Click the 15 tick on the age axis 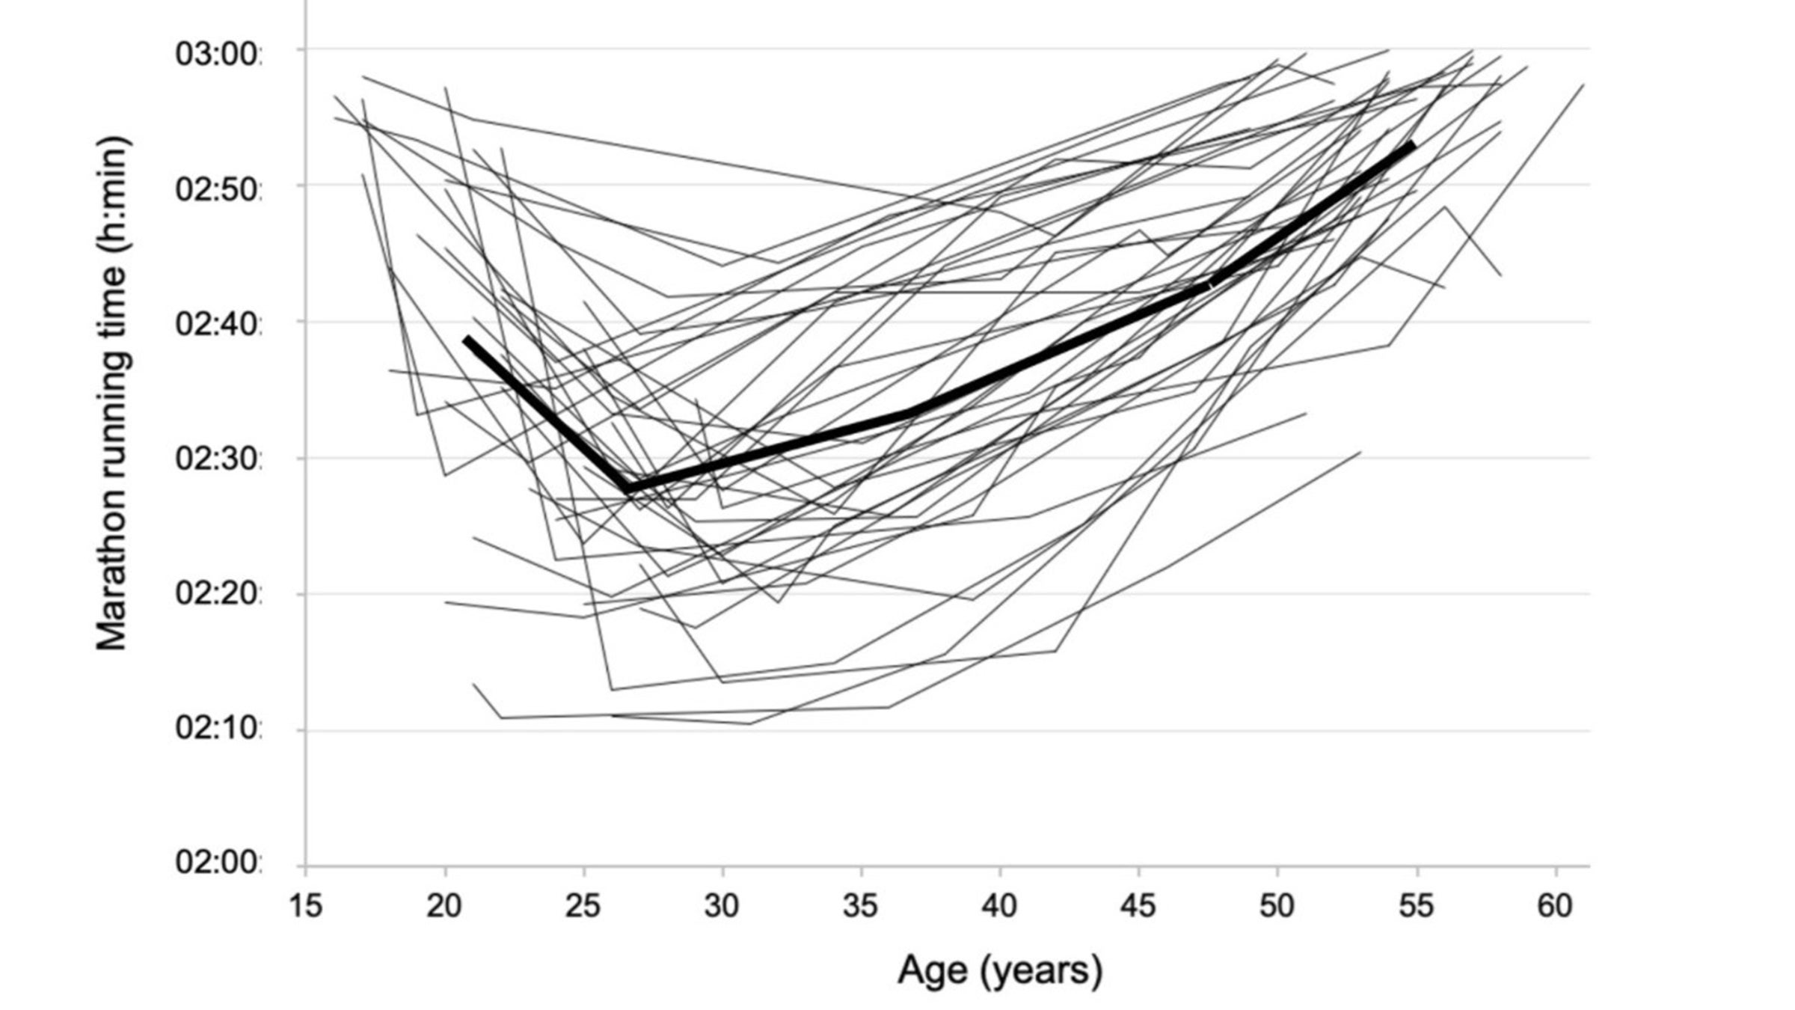coord(305,906)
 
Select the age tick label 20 coord(444,906)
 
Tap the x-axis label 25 coord(583,906)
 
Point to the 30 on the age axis coord(722,906)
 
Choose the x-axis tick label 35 coord(861,906)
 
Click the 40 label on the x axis coord(1000,906)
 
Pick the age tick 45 coord(1138,906)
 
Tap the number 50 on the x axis coord(1277,906)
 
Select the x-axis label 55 coord(1416,906)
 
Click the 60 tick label coord(1555,906)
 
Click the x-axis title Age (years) coord(1000,970)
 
